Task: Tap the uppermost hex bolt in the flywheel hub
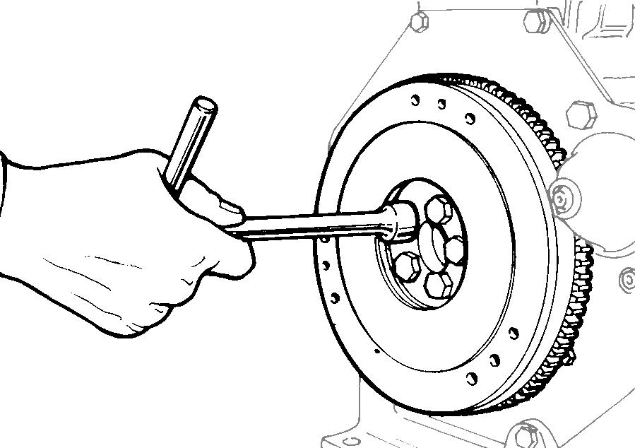coord(439,208)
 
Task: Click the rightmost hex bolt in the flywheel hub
coord(454,249)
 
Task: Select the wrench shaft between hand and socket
coord(311,228)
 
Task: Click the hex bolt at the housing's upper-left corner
coord(419,21)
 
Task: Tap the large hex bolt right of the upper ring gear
coord(581,114)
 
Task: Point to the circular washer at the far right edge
coord(626,281)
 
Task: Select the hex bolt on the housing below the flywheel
coord(526,433)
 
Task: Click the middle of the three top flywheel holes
coord(441,105)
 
